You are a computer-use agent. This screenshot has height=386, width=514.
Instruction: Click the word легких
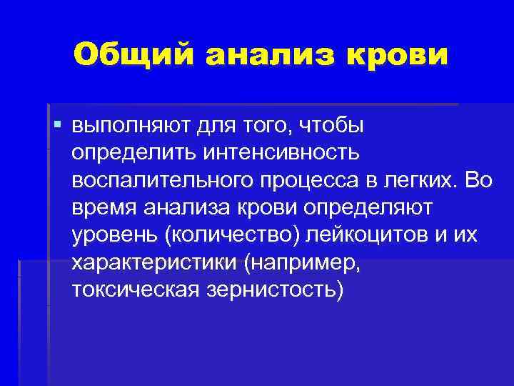415,180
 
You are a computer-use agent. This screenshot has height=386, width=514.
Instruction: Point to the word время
104,207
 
